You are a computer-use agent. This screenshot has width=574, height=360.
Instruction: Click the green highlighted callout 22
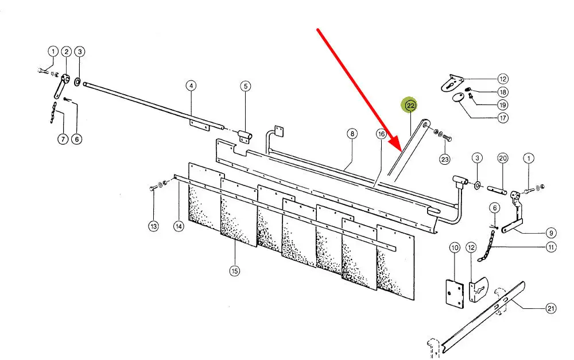(x=411, y=106)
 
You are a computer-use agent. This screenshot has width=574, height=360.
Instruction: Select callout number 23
(x=445, y=159)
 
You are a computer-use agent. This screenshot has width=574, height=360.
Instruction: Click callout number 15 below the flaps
(x=234, y=271)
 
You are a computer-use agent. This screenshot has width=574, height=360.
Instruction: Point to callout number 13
(x=153, y=226)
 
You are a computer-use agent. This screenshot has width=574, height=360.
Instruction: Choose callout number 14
(x=179, y=226)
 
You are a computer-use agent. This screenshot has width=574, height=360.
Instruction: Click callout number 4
(x=191, y=86)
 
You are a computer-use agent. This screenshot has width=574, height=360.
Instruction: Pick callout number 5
(x=246, y=86)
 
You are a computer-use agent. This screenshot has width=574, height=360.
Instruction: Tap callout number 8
(x=352, y=134)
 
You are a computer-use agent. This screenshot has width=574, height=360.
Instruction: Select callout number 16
(x=381, y=134)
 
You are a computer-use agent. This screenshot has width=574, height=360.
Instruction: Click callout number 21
(x=551, y=308)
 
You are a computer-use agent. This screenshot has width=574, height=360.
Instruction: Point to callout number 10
(x=455, y=248)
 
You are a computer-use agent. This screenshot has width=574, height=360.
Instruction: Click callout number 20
(x=503, y=158)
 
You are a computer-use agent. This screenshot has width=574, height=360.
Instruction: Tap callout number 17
(x=503, y=118)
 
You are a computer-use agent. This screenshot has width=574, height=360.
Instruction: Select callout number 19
(x=503, y=104)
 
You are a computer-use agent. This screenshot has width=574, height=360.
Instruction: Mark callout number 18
(x=503, y=92)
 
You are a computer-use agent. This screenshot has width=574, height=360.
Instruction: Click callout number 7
(x=63, y=139)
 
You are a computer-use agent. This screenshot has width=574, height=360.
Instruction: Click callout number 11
(x=551, y=247)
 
